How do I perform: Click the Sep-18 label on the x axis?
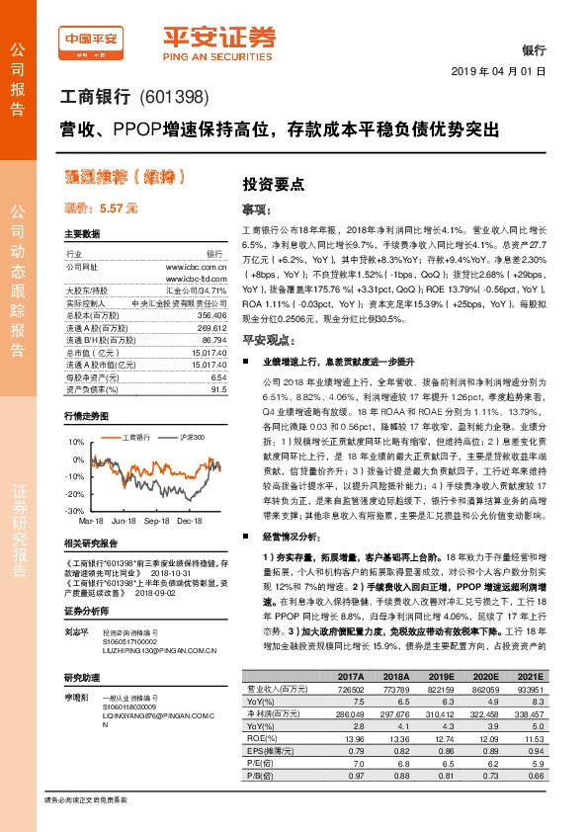(x=157, y=519)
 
